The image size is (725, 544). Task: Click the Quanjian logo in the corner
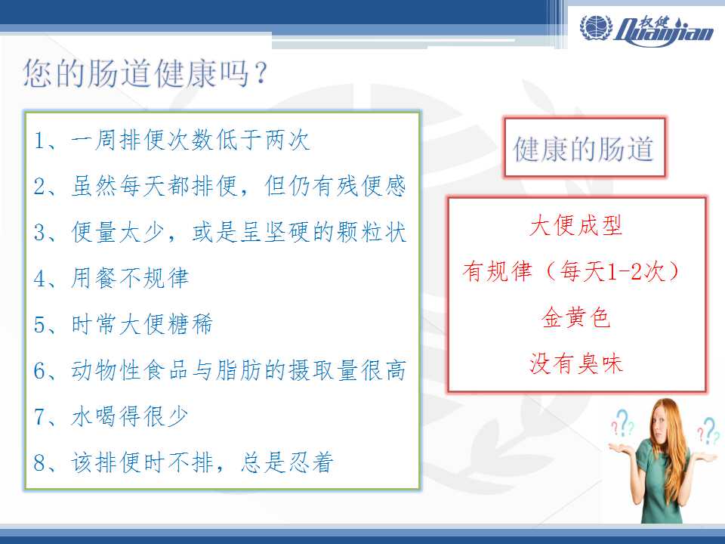click(647, 30)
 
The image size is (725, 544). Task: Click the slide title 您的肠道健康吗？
click(146, 73)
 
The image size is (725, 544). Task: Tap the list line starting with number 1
click(171, 140)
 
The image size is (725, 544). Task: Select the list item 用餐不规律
click(130, 278)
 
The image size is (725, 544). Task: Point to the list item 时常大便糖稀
click(141, 324)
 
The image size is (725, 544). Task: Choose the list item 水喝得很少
click(129, 416)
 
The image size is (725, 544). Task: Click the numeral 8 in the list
click(40, 462)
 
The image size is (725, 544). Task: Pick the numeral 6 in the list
click(40, 370)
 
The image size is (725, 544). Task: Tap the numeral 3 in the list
click(40, 232)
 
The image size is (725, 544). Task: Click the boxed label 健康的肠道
click(584, 149)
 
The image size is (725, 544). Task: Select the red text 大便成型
click(576, 226)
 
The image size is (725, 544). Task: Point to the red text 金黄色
click(576, 318)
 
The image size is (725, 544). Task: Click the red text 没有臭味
click(576, 363)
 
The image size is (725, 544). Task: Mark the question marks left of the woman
click(622, 424)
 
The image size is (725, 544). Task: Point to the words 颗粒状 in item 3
click(372, 232)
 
